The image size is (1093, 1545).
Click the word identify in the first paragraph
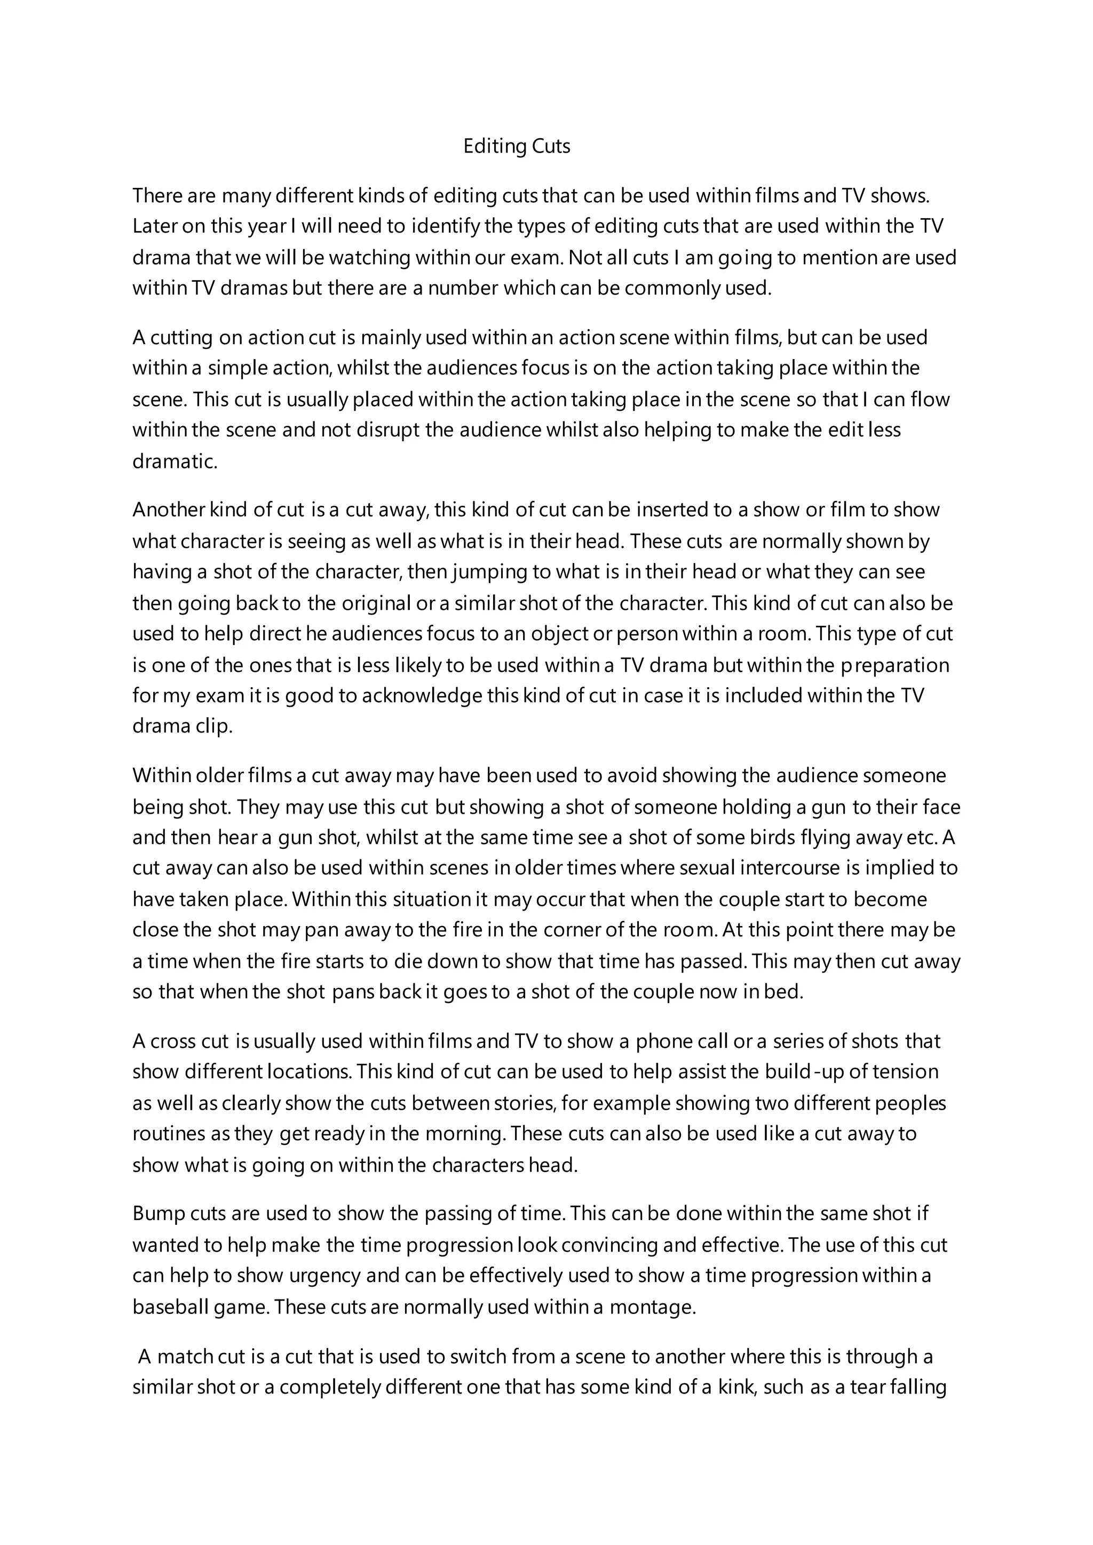tap(445, 226)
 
